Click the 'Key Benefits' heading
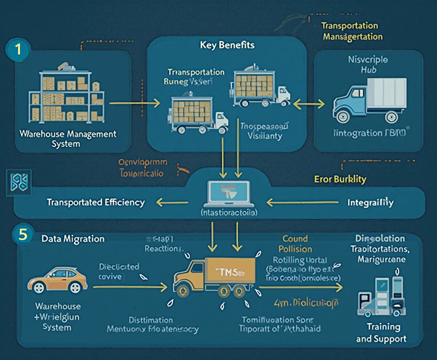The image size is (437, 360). (227, 46)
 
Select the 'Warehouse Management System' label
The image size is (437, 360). (68, 139)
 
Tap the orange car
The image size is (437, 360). (57, 279)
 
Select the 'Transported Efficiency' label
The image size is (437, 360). (96, 202)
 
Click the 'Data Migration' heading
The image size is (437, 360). (73, 239)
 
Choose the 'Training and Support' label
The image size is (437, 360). (381, 333)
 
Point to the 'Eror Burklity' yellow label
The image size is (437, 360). (340, 179)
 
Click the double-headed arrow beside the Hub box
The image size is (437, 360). (308, 104)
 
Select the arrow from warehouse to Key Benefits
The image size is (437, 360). (134, 104)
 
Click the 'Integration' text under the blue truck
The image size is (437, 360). (370, 133)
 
